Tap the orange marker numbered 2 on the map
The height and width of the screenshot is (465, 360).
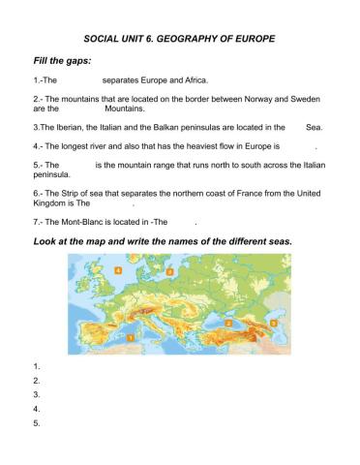pos(227,320)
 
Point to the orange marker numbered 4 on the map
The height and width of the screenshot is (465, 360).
pos(118,271)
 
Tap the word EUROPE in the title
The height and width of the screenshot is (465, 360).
pos(252,39)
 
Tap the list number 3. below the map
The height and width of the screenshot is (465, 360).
pos(37,394)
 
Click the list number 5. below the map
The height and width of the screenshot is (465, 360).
pos(37,422)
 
